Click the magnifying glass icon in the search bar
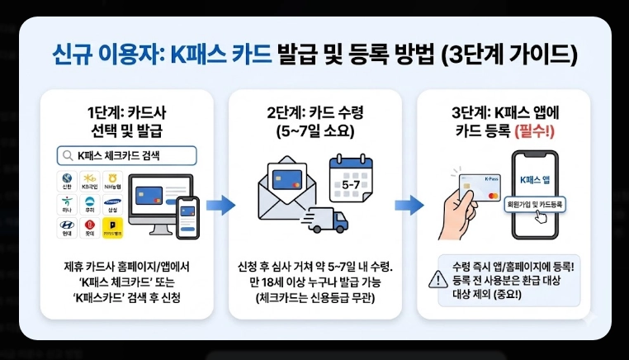click(66, 155)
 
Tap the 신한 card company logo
click(67, 181)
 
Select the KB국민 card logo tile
click(89, 181)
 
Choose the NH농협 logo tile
click(112, 181)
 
